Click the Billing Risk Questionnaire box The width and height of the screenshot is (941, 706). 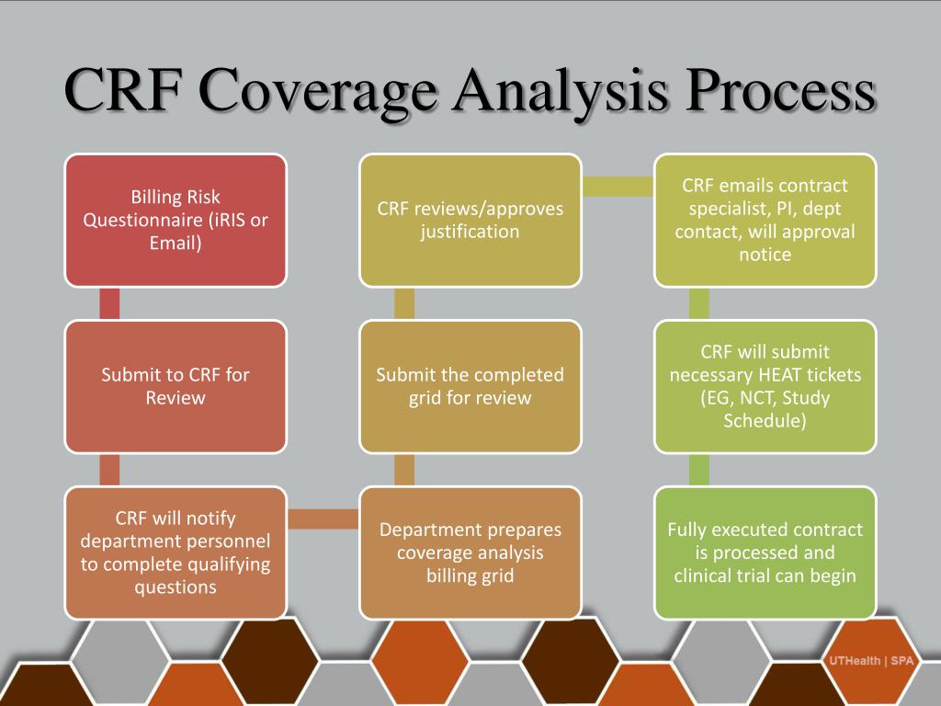175,220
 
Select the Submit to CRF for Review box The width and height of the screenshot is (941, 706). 175,386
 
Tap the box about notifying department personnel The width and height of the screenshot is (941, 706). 175,552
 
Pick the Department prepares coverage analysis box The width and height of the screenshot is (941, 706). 470,552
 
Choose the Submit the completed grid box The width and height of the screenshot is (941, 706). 470,386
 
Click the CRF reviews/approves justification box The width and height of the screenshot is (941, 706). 470,220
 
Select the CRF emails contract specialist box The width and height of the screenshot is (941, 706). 765,220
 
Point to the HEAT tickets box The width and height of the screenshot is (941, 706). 765,386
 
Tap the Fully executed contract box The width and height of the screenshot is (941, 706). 765,552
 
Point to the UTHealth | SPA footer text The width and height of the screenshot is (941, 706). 865,661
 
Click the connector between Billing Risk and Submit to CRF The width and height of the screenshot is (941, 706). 108,302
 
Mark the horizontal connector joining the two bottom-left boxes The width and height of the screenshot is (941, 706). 322,519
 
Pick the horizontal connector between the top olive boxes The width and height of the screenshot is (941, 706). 618,186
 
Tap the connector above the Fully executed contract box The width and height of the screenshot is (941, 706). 699,469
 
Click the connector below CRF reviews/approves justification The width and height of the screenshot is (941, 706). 404,302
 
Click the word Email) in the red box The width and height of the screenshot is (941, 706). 175,244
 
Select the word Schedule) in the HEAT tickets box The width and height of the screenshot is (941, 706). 765,421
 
